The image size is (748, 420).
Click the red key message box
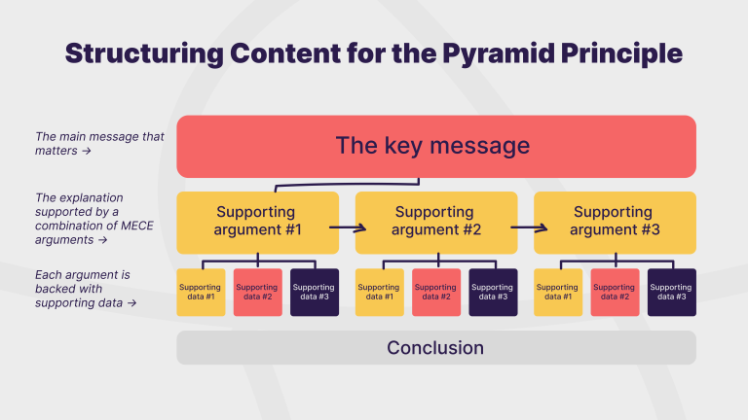point(435,146)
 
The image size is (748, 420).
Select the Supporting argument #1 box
point(257,221)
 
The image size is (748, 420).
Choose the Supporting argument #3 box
point(615,221)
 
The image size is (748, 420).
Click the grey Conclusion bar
point(435,347)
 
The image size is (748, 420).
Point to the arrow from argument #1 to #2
point(347,228)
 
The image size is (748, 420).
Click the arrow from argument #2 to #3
point(526,228)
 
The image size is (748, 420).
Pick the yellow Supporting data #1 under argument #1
point(201,292)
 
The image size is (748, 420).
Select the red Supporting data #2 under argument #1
point(257,292)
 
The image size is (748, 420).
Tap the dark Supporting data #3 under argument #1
point(314,292)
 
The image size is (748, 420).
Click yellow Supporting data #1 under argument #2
point(379,292)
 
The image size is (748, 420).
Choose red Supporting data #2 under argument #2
point(436,292)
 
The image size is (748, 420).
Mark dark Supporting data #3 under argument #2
point(493,292)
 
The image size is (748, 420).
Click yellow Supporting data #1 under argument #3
point(557,292)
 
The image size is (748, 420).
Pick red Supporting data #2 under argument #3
point(615,292)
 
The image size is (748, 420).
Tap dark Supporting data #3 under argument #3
point(671,292)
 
